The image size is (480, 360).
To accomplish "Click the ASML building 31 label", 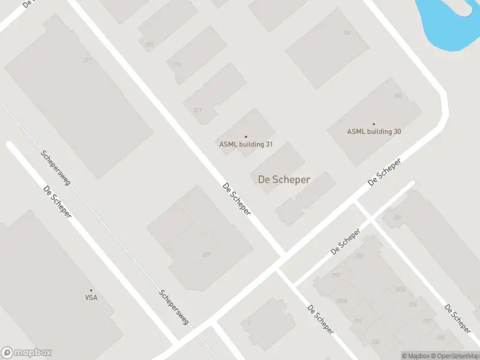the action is pos(246,144).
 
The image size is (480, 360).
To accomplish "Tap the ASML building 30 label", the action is pos(374,131).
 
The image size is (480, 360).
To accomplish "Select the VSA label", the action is pos(91,297).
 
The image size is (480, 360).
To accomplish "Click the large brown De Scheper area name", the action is pos(284,179).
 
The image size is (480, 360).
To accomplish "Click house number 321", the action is pos(197,110).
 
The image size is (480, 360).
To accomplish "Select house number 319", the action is pos(176,65).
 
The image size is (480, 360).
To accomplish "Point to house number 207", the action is pos(207,255).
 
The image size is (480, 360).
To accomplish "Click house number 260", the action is pos(397,217).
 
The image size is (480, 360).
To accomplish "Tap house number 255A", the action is pos(400,290).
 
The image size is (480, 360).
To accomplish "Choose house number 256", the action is pos(412,305).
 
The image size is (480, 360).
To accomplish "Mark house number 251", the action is pos(358,321).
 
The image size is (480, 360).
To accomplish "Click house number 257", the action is pos(427,321).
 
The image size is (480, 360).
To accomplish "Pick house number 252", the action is pos(376,341).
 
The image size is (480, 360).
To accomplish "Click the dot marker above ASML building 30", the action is pos(374,124).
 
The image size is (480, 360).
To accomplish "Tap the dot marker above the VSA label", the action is pos(91,290).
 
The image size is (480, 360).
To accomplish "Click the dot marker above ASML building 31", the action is pos(246,137).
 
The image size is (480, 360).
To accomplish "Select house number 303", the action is pos(397,96).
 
